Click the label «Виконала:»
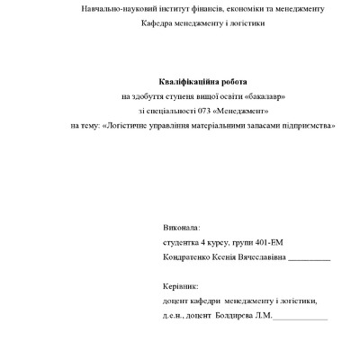coord(183,229)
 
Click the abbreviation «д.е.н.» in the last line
coord(176,316)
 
